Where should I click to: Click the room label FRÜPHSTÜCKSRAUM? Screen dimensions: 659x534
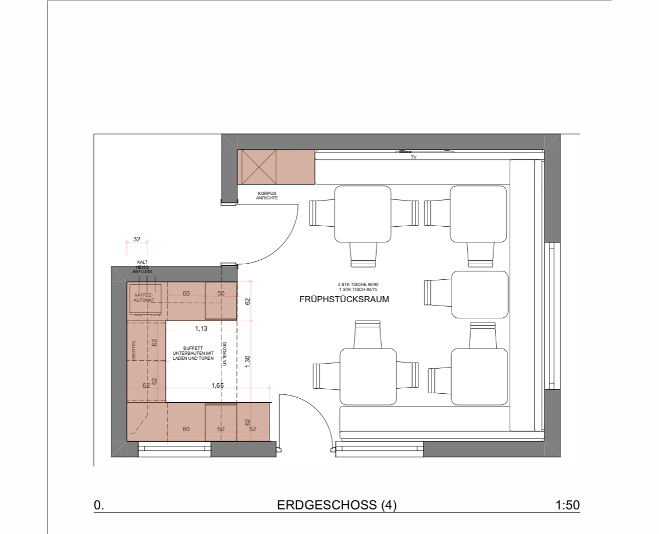344,299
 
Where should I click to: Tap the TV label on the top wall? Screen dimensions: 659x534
414,157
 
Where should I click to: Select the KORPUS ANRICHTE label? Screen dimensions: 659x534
267,196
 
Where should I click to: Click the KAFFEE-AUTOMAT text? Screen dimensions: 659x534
144,298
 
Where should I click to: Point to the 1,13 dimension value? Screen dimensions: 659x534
201,328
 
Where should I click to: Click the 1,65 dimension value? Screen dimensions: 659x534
217,385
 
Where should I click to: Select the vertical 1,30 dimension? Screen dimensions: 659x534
247,362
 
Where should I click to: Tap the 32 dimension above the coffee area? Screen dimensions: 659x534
136,239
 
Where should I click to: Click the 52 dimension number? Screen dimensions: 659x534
253,429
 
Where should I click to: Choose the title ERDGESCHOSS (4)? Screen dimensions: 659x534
336,504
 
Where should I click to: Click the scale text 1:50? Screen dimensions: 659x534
567,504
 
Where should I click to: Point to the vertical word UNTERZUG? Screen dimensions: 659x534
225,354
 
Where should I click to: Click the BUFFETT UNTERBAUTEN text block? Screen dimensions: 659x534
193,354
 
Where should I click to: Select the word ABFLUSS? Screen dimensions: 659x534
142,272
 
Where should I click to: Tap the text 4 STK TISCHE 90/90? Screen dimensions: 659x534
358,285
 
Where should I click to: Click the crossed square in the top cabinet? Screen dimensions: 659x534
257,167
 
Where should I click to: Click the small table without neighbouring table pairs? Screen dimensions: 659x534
480,294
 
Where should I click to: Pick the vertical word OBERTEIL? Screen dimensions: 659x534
134,350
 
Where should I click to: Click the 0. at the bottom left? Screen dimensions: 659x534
98,505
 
